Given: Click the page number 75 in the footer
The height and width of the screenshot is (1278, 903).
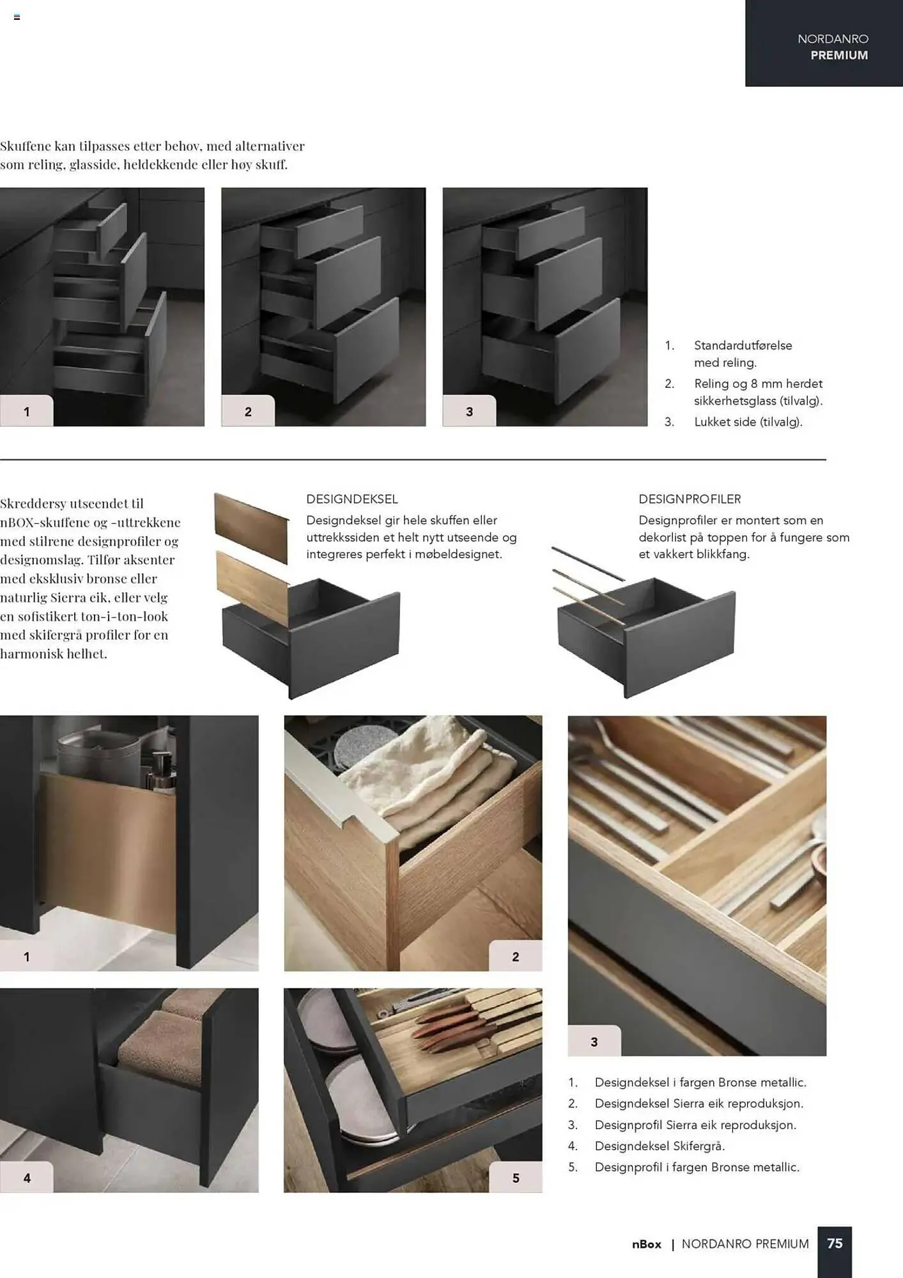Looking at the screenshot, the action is pyautogui.click(x=835, y=1243).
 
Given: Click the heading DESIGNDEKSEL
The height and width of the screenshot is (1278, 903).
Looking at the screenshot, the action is pyautogui.click(x=352, y=499).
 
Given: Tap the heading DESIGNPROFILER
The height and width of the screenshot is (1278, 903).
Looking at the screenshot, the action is pyautogui.click(x=690, y=499).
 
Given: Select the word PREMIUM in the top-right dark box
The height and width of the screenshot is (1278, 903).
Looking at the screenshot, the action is pyautogui.click(x=839, y=56).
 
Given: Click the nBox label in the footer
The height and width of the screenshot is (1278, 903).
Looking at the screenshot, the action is pyautogui.click(x=647, y=1244).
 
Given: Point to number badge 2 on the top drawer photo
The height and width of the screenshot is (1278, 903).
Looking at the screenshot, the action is pyautogui.click(x=248, y=412).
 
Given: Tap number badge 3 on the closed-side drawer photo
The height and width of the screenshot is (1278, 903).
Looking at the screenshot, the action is pyautogui.click(x=470, y=412).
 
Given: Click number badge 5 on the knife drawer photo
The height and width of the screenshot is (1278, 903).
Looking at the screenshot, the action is pyautogui.click(x=516, y=1178).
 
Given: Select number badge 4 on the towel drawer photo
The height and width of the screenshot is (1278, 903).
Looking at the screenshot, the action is pyautogui.click(x=27, y=1178).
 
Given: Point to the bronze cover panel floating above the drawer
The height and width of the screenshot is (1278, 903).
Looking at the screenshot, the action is pyautogui.click(x=251, y=527).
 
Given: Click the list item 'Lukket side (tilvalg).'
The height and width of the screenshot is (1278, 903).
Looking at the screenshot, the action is pyautogui.click(x=748, y=422).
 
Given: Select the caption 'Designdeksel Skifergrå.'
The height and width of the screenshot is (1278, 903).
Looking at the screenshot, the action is pyautogui.click(x=660, y=1146).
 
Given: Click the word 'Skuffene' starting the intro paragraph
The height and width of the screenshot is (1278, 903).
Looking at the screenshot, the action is pyautogui.click(x=25, y=146).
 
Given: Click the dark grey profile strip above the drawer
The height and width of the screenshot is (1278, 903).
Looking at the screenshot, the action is pyautogui.click(x=588, y=564).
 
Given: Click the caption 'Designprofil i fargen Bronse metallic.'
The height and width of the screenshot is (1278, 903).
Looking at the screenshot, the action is pyautogui.click(x=697, y=1167).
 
